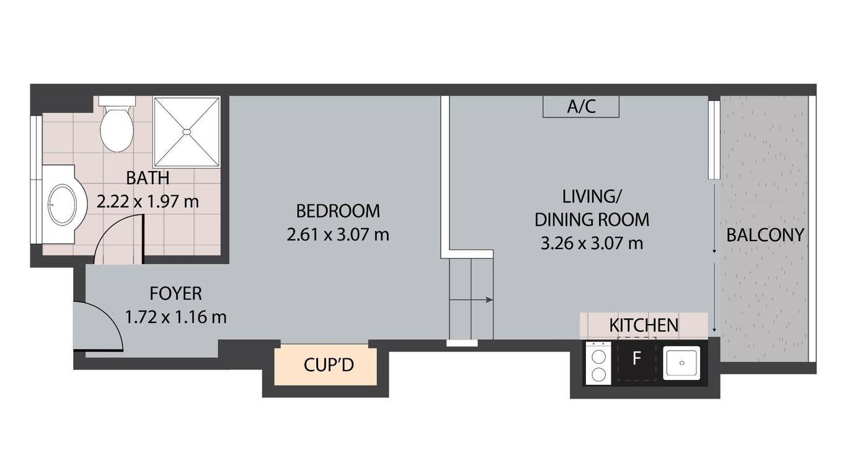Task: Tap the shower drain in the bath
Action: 187,131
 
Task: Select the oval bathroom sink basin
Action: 62,205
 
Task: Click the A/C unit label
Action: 581,107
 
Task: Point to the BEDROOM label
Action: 338,211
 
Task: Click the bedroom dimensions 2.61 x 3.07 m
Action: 338,235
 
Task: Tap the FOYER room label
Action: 175,294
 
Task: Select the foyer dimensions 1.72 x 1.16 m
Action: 175,317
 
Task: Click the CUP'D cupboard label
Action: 329,365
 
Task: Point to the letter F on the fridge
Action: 637,358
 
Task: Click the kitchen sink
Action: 681,363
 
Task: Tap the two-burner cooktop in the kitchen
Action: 598,363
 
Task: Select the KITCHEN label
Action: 644,325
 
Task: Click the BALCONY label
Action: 765,235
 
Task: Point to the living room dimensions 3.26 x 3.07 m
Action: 592,243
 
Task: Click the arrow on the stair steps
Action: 471,300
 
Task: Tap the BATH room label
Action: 148,178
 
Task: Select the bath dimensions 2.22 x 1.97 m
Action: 148,201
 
